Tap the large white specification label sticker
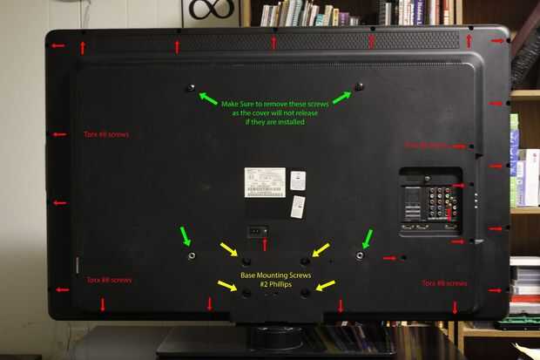click(264, 181)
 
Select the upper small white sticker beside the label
click(298, 180)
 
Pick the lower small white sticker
click(298, 207)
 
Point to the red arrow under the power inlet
click(265, 245)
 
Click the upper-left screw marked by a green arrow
click(191, 87)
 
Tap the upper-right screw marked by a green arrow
click(359, 86)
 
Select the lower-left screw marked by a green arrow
click(191, 256)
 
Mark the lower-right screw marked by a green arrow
click(360, 256)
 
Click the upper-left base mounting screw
click(246, 261)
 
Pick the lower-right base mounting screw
click(305, 293)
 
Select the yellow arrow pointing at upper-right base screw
click(321, 250)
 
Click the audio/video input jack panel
click(430, 202)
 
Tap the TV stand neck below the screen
click(275, 335)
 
